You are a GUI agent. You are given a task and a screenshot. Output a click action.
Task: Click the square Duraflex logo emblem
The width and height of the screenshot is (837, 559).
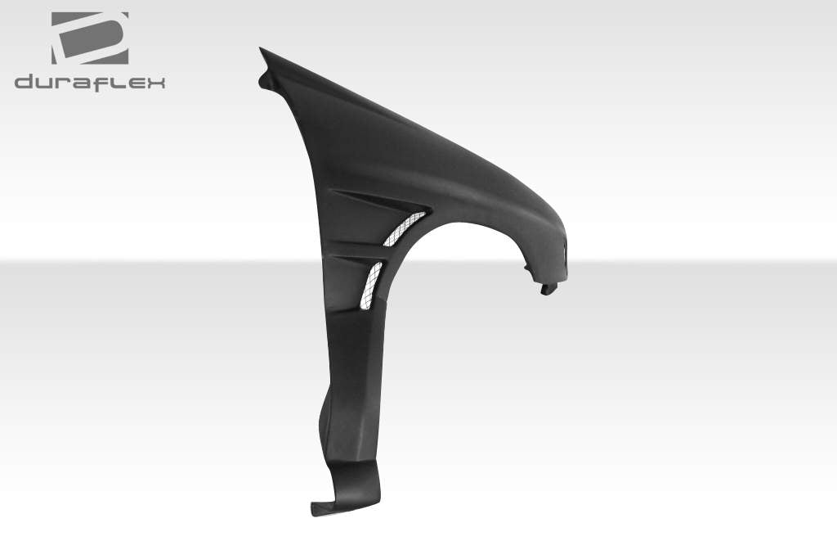[90, 38]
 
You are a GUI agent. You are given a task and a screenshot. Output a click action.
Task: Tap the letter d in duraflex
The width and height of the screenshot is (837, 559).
[25, 82]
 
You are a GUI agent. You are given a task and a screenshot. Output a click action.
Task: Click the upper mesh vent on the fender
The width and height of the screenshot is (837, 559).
[405, 228]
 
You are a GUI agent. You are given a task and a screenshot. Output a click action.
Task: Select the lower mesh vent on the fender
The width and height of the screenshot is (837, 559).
[369, 285]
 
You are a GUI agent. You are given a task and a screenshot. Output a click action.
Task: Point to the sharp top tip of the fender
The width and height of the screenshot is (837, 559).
[262, 50]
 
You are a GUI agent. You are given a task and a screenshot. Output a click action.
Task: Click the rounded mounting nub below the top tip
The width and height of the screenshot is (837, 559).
[265, 80]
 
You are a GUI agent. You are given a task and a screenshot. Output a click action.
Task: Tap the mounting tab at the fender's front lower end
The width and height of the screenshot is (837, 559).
[548, 288]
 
